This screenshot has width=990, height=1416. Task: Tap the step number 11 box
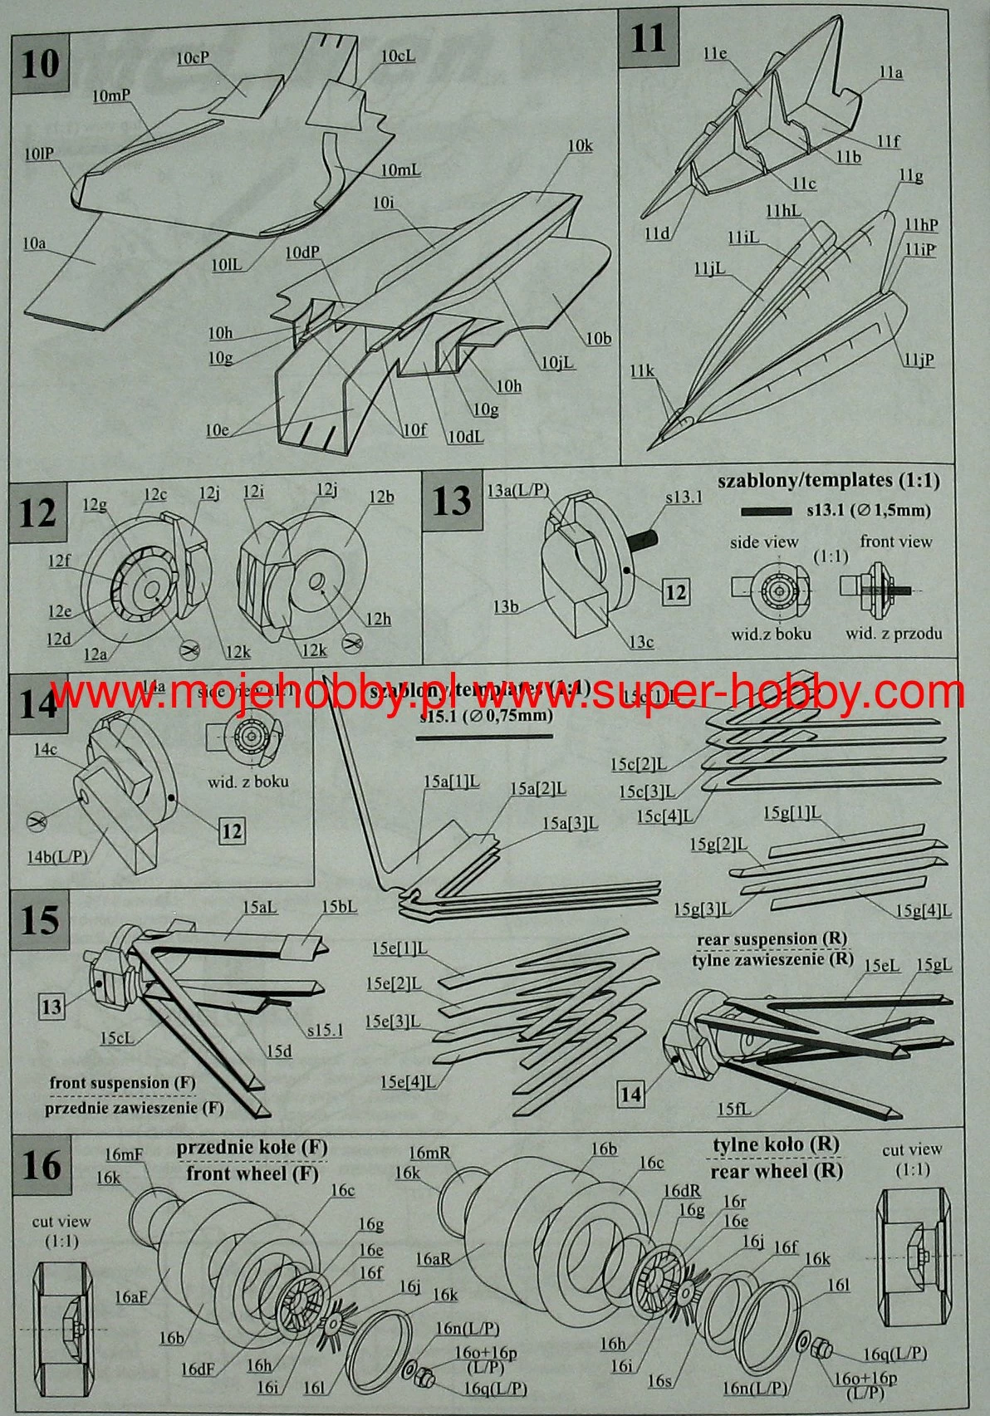coord(648,39)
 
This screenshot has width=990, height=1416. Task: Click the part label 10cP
coord(193,59)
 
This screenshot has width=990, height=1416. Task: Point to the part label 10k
coord(580,146)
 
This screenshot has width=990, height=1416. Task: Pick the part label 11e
coord(714,55)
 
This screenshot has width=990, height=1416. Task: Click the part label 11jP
coord(919,360)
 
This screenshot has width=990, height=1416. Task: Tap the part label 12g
coord(95,505)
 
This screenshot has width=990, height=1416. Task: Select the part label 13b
coord(506,606)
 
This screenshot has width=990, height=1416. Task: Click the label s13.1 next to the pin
coord(684,497)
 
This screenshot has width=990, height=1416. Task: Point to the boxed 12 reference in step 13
coord(676,592)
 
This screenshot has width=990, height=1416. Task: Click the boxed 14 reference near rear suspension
coord(631,1095)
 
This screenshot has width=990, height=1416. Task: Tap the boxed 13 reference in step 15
coord(51,1007)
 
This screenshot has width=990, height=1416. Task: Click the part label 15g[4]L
coord(923,911)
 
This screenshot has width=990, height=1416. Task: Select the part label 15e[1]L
coord(400,948)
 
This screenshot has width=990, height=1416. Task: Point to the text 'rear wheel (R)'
coord(776,1171)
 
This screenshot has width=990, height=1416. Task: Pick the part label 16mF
coord(125,1154)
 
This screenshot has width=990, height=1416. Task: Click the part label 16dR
coord(681,1191)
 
